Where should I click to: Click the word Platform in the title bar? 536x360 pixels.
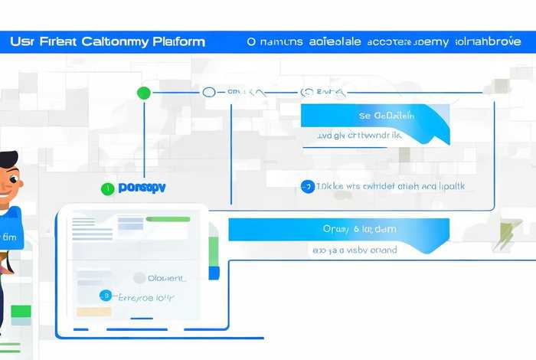[x=178, y=41]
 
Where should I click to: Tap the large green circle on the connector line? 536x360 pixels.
[x=143, y=93]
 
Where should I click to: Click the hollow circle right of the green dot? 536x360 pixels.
[x=209, y=93]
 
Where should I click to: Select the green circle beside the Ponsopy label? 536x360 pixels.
[x=109, y=187]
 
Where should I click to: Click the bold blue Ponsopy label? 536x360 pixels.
[x=142, y=187]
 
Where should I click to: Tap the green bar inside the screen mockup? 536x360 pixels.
[x=168, y=220]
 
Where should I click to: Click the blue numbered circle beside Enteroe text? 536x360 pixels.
[x=106, y=295]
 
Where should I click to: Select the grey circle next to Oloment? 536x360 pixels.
[x=139, y=278]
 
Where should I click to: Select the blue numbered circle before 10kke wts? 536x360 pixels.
[x=308, y=186]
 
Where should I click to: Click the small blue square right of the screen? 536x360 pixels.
[x=214, y=273]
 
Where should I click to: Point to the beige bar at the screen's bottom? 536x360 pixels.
[x=93, y=312]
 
